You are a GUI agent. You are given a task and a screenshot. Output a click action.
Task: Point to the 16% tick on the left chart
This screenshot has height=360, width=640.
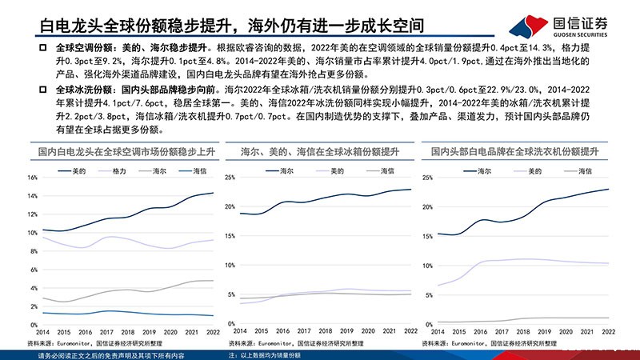tap(33, 178)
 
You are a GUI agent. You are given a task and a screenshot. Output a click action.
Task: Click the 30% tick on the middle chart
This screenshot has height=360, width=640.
tap(230, 178)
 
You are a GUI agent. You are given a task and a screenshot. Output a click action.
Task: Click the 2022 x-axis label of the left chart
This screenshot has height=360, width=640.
tap(214, 330)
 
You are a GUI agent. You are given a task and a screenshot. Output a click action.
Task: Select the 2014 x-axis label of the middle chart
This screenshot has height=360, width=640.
tap(239, 330)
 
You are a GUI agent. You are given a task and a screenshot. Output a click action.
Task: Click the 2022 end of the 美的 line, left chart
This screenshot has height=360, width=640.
tap(214, 193)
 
